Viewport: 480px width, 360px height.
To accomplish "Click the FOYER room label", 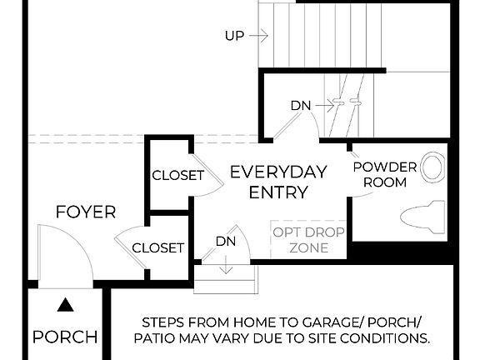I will [86, 212].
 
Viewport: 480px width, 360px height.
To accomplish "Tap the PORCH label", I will [64, 337].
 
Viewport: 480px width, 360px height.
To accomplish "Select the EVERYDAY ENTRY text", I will [278, 182].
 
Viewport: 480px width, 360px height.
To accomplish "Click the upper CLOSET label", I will [177, 175].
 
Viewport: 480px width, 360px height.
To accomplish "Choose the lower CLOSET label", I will [157, 247].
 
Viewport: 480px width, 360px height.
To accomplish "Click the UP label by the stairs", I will [234, 36].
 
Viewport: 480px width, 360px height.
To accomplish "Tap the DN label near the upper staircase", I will [301, 106].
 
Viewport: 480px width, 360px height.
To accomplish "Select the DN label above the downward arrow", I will [226, 242].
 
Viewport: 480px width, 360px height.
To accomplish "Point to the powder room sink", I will [432, 167].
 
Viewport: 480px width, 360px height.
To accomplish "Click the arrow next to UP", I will [258, 36].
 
